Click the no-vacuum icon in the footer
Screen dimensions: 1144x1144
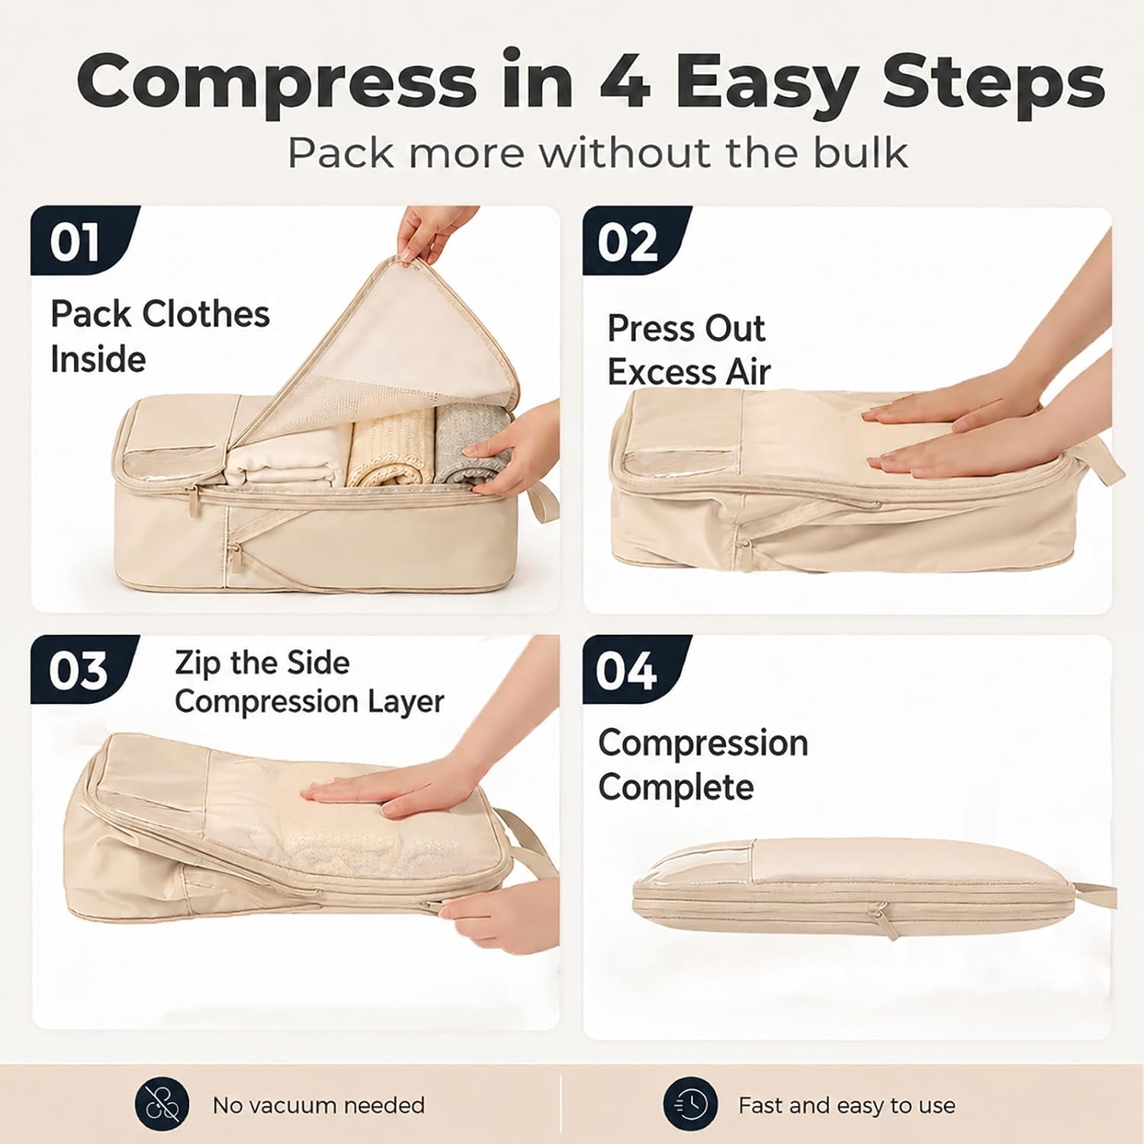(x=162, y=1104)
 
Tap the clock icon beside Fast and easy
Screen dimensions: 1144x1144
(x=689, y=1104)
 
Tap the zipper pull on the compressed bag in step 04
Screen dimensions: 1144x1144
(x=883, y=921)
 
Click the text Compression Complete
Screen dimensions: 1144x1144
(x=702, y=764)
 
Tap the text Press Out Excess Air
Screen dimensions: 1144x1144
(x=689, y=350)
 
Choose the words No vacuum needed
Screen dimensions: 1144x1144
(x=319, y=1105)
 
